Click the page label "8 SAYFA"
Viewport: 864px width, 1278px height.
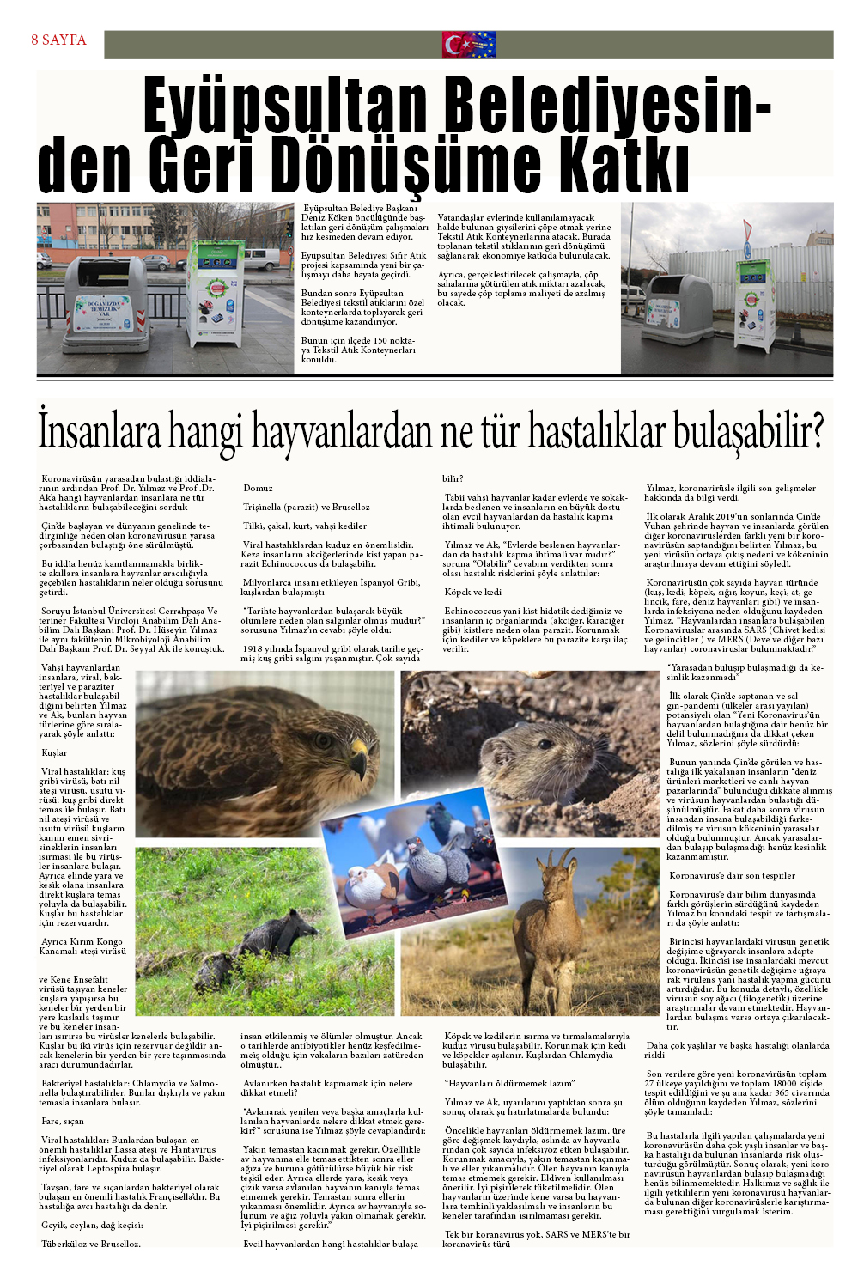coord(58,40)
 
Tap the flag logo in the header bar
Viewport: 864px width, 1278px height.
coord(469,45)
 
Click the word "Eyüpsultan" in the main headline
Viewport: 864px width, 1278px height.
coord(284,106)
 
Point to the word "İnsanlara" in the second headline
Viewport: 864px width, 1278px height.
coord(99,432)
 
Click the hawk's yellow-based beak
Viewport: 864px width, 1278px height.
coord(359,753)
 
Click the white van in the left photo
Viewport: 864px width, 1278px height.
coord(261,259)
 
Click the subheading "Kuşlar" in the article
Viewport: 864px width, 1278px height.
coord(54,753)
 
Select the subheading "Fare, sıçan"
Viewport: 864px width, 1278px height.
coord(63,1122)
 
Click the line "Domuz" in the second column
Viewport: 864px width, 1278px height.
coord(258,489)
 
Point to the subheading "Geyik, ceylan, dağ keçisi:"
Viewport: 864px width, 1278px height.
coord(92,1226)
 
